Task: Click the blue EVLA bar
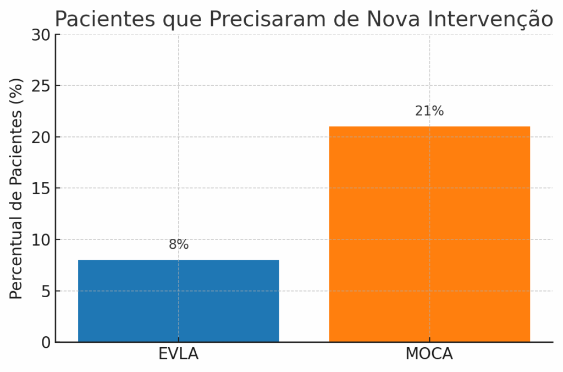(x=178, y=300)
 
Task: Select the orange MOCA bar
(x=429, y=234)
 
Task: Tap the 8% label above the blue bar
(x=179, y=245)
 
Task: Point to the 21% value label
(x=429, y=111)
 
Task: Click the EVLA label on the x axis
(x=178, y=354)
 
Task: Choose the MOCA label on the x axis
(x=429, y=354)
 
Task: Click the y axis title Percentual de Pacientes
(x=17, y=189)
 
